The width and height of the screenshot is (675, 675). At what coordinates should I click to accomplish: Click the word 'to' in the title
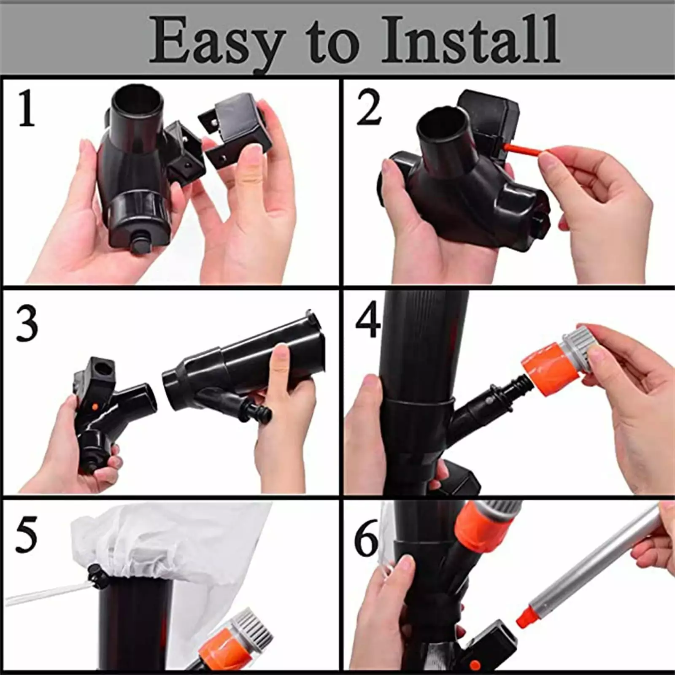332,44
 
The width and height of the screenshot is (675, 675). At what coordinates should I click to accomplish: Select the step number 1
26,108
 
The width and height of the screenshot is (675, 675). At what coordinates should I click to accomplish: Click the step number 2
369,108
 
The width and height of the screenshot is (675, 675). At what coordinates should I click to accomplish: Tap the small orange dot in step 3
94,406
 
